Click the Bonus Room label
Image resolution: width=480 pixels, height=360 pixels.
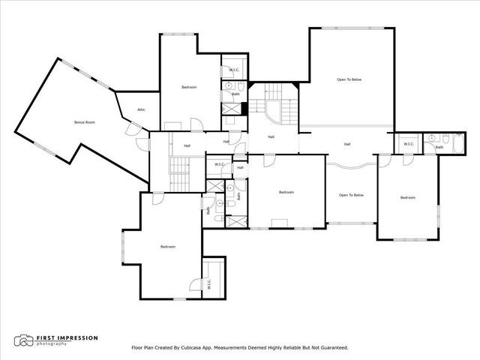84,122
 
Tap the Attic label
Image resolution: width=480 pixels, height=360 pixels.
141,110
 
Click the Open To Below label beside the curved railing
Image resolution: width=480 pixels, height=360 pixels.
351,195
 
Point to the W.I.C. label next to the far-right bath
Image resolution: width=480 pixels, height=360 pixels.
409,144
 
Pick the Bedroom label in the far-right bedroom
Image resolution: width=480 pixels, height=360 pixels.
407,197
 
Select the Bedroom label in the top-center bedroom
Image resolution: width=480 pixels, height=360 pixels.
189,88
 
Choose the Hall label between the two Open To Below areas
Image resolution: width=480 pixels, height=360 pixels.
347,144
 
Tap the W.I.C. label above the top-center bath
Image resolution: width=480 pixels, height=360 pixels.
233,70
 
